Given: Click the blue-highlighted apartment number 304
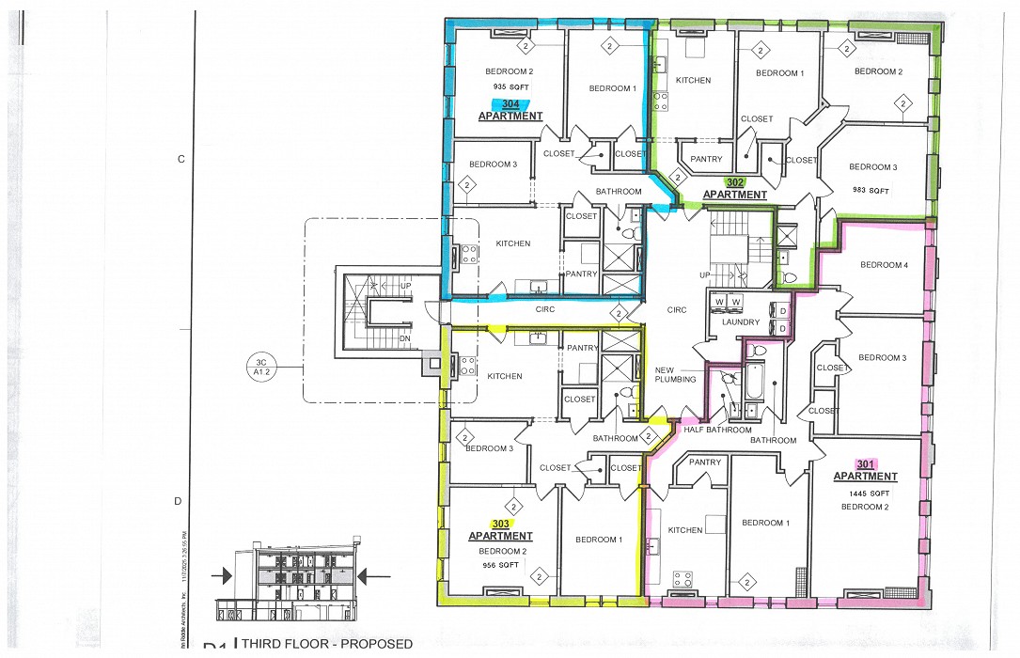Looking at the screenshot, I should pos(510,103).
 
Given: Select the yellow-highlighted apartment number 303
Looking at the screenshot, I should pos(500,524).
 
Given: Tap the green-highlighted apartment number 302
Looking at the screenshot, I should pos(735,182).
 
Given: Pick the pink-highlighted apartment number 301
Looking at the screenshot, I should pos(865,464).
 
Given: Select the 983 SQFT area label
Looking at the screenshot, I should pos(872,191).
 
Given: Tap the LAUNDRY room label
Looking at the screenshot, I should pos(741,322).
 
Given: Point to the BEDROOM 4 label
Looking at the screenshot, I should pos(884,265).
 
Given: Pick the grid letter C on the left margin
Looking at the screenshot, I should pos(180,160).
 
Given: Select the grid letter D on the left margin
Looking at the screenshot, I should pos(178,501).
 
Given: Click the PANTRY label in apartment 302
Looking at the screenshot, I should pos(705,159).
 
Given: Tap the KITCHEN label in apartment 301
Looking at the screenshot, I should pos(684,530).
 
